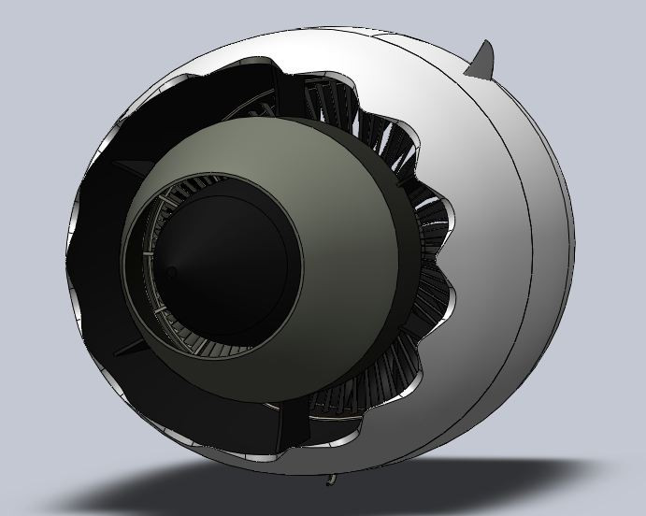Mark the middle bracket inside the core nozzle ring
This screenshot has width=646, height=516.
pos(149,252)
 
